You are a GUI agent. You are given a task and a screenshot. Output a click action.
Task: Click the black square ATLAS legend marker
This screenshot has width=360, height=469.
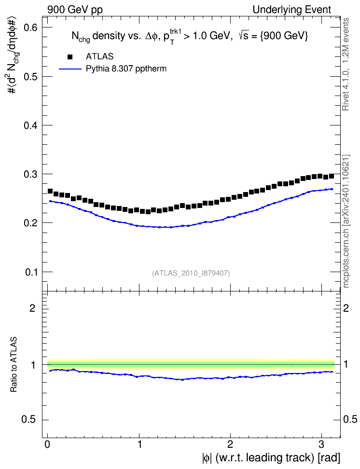tap(70, 57)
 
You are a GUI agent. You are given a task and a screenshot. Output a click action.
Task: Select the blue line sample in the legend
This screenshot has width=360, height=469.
tap(70, 69)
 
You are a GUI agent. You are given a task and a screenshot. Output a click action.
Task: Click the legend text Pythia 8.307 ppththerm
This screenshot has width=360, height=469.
tap(126, 69)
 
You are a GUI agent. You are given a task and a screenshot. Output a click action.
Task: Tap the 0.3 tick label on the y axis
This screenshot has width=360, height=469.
tap(30, 174)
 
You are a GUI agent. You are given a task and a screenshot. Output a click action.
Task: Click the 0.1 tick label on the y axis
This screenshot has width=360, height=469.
tap(30, 272)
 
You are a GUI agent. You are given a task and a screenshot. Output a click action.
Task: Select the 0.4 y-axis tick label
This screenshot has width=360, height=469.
tap(30, 125)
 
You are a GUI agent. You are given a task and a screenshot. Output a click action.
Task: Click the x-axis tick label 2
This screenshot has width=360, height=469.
tap(230, 444)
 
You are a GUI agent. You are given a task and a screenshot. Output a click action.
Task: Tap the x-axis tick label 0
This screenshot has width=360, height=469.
tap(48, 444)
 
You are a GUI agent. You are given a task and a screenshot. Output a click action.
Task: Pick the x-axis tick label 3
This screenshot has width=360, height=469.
tap(321, 444)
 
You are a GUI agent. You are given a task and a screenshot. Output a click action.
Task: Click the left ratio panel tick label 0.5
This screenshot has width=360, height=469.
tap(29, 420)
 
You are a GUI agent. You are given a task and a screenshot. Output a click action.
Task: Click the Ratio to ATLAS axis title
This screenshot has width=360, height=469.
tap(14, 364)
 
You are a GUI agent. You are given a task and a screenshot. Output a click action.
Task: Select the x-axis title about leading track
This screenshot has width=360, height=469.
tap(271, 458)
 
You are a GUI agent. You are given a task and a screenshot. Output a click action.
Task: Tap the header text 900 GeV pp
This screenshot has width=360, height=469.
tap(75, 10)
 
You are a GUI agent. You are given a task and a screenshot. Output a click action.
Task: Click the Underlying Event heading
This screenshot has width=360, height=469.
tap(292, 10)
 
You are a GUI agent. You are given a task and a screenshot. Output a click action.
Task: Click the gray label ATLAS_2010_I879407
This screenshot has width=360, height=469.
tap(191, 273)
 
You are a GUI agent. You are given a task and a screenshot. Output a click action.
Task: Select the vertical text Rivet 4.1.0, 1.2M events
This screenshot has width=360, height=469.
tap(346, 64)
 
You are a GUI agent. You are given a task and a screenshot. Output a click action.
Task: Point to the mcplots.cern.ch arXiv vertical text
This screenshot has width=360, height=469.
tap(346, 221)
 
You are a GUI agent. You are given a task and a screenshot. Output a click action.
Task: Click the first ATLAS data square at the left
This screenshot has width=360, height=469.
tap(50, 191)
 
